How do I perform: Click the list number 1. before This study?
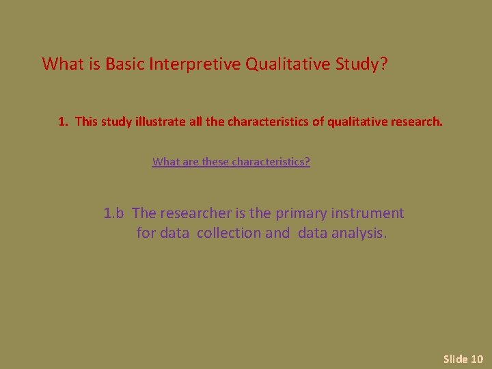[64, 122]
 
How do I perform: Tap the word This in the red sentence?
[87, 122]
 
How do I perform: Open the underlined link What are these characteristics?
[231, 162]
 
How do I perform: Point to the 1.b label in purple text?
[113, 213]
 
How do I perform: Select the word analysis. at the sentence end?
[359, 233]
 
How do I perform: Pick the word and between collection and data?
[277, 233]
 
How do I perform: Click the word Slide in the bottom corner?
[454, 359]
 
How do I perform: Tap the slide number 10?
[477, 359]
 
